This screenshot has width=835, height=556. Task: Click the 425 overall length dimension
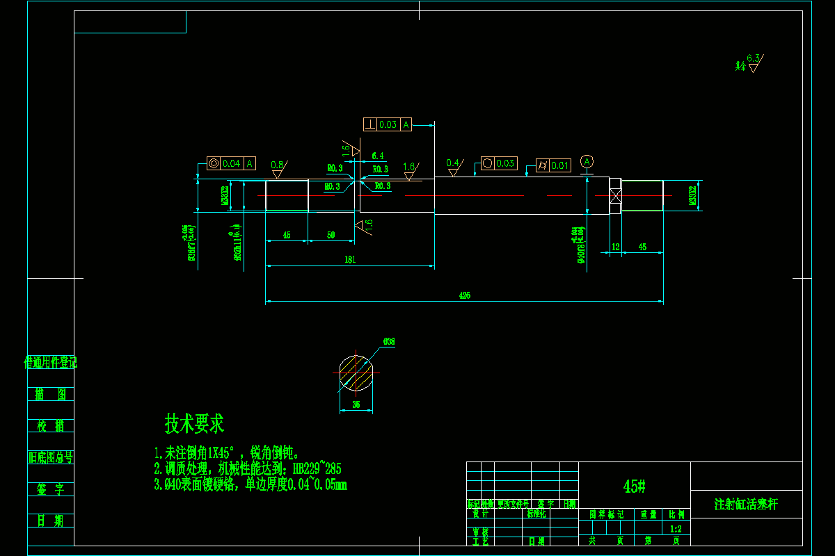point(465,295)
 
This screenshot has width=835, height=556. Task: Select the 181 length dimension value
point(350,259)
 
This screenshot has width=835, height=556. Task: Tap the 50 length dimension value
point(331,236)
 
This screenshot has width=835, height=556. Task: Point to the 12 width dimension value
point(615,247)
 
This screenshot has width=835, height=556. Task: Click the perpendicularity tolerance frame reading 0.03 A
point(388,124)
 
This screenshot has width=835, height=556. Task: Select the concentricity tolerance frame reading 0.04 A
point(232,163)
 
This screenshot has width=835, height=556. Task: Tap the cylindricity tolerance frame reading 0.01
point(553,165)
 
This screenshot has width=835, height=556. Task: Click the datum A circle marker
point(587,161)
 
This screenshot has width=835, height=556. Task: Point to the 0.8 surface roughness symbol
point(278,167)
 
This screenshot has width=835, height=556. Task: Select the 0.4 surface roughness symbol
point(454,165)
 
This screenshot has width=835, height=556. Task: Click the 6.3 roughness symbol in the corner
point(753,64)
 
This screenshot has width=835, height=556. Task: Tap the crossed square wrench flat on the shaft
point(615,195)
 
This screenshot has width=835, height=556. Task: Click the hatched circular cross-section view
point(356,373)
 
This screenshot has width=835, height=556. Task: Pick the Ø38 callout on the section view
point(388,341)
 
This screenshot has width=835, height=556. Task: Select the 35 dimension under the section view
point(356,404)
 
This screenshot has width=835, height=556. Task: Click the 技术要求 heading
point(194,423)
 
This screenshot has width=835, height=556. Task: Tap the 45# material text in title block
point(634,486)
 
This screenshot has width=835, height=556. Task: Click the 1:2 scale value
point(676,529)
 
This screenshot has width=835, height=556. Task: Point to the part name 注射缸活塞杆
point(746,504)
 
